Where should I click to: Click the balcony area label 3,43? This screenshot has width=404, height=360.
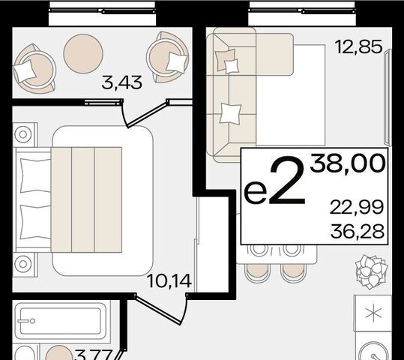coord(121,82)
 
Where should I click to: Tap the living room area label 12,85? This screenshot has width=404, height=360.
coord(358,47)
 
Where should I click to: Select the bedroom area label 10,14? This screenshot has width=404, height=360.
coord(169,280)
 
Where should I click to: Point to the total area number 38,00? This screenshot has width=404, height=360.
coord(348,163)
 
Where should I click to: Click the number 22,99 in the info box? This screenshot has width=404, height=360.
coord(357,208)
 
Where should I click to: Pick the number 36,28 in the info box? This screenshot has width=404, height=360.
coord(358,231)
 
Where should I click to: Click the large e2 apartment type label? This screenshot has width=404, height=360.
coord(275,181)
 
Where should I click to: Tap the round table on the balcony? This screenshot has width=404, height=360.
coord(83,54)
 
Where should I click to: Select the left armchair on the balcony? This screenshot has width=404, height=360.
coord(34,68)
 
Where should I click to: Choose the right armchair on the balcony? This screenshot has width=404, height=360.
coord(167,57)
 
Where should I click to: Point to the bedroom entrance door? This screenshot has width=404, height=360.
coord(162,309)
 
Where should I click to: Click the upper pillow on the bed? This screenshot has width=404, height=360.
coord(35,175)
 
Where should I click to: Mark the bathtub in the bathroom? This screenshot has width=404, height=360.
coord(61,321)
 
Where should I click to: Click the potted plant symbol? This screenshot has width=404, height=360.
coord(371,271)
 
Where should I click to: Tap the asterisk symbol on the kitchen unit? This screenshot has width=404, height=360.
coord(373,313)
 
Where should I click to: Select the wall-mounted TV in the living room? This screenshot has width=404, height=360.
coord(388,97)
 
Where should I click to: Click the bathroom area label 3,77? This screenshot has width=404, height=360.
coord(94,355)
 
